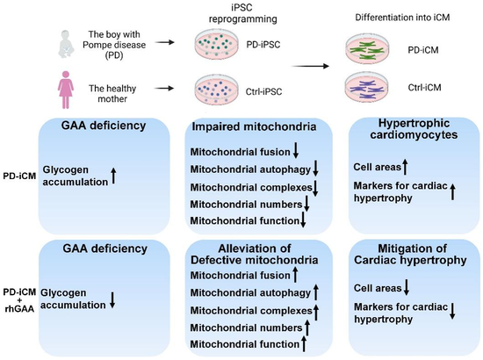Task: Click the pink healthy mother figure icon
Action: (66, 90)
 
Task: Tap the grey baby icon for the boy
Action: (66, 44)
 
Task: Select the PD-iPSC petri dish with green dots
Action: (217, 44)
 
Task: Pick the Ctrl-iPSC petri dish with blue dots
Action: (217, 90)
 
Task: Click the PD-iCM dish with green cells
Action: (367, 48)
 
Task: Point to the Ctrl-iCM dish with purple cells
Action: (367, 88)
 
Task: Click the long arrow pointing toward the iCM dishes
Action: (310, 66)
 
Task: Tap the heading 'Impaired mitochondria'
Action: (254, 126)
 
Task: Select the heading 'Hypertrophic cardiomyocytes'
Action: (414, 129)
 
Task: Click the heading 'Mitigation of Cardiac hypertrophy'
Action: (410, 254)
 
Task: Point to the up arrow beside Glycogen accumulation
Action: (113, 176)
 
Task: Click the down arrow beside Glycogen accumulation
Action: (112, 299)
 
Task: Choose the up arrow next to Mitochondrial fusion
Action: (295, 275)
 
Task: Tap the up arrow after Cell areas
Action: (405, 167)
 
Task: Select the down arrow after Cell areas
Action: (407, 287)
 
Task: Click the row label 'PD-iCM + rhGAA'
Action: (19, 300)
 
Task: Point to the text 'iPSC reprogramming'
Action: (243, 13)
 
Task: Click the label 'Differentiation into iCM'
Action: (402, 18)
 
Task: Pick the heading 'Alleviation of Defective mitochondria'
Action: (255, 254)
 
